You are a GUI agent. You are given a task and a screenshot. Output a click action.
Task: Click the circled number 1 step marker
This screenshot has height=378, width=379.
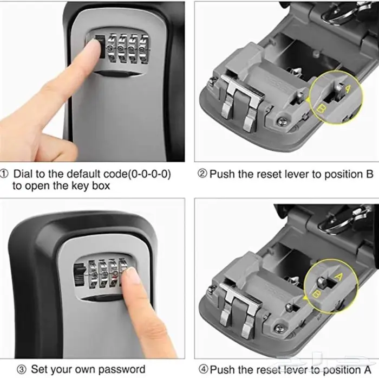click(4, 174)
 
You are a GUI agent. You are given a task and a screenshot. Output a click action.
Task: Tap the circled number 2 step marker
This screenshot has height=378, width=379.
click(202, 174)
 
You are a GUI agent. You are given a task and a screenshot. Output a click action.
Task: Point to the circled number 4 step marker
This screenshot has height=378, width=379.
click(203, 369)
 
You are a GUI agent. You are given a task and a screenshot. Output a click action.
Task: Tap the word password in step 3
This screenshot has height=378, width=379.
click(122, 369)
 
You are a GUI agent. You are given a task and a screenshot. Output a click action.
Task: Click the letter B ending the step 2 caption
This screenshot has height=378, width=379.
click(370, 174)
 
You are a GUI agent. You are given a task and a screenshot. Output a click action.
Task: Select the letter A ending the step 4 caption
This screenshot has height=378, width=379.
click(368, 369)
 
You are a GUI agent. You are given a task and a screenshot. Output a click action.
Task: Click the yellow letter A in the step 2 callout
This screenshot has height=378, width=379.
click(348, 89)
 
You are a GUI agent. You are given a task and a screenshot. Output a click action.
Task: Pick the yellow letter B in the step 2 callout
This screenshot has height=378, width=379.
click(321, 108)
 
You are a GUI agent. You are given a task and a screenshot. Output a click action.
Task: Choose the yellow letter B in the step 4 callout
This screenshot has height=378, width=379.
click(316, 294)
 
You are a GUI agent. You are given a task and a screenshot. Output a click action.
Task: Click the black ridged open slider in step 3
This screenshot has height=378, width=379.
click(79, 275)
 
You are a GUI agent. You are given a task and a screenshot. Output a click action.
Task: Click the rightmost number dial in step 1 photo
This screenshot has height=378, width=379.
click(145, 49)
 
